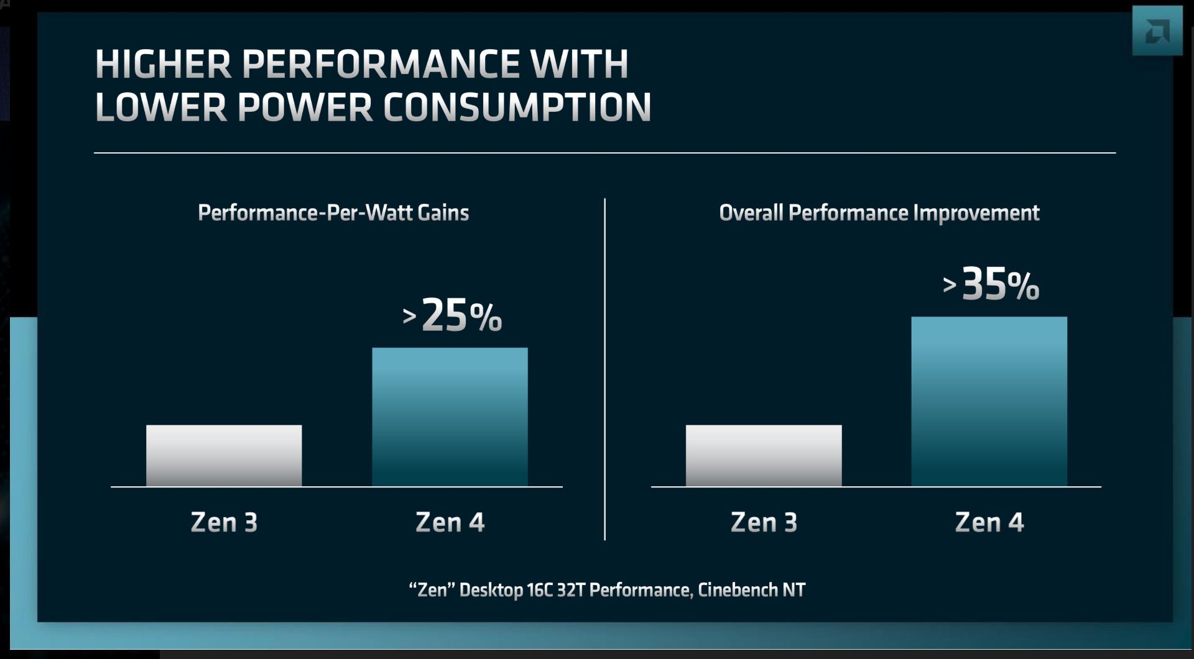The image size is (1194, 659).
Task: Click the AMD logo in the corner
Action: [1157, 31]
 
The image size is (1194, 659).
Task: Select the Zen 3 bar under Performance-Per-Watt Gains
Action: [224, 455]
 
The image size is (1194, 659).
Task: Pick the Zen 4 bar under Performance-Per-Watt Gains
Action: [450, 417]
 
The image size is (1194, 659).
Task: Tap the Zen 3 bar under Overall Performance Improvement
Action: [764, 455]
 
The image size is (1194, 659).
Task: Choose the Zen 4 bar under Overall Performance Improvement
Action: [989, 401]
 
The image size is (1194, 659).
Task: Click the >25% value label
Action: [452, 315]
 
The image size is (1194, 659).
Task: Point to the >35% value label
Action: [991, 284]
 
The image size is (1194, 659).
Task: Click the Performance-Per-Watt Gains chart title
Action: [333, 213]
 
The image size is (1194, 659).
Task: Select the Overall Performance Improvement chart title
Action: [879, 213]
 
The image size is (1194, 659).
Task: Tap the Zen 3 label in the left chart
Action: [224, 522]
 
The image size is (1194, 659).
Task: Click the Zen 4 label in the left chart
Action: [450, 522]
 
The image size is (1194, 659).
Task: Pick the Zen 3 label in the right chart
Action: [764, 522]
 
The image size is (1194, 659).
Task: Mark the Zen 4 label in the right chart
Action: [989, 522]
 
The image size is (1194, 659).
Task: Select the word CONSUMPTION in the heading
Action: [517, 107]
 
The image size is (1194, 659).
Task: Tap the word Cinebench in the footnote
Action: [737, 589]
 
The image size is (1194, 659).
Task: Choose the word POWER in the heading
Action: [305, 107]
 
